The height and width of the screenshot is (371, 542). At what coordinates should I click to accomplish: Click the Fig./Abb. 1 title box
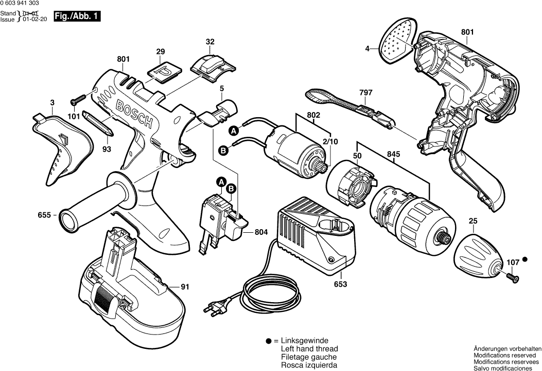click(x=77, y=16)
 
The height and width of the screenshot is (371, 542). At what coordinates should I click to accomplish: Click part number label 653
click(x=341, y=284)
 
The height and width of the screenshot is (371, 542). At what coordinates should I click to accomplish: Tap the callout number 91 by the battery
click(x=185, y=287)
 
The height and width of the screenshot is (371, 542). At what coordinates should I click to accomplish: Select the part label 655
click(x=44, y=216)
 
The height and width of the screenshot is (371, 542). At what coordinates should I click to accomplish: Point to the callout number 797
click(x=365, y=92)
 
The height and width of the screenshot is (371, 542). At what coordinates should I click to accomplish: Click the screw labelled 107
click(x=512, y=277)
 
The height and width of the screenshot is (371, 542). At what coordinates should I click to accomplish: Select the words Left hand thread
click(x=309, y=349)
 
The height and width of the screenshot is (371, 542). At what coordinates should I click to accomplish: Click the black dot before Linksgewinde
click(x=269, y=341)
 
